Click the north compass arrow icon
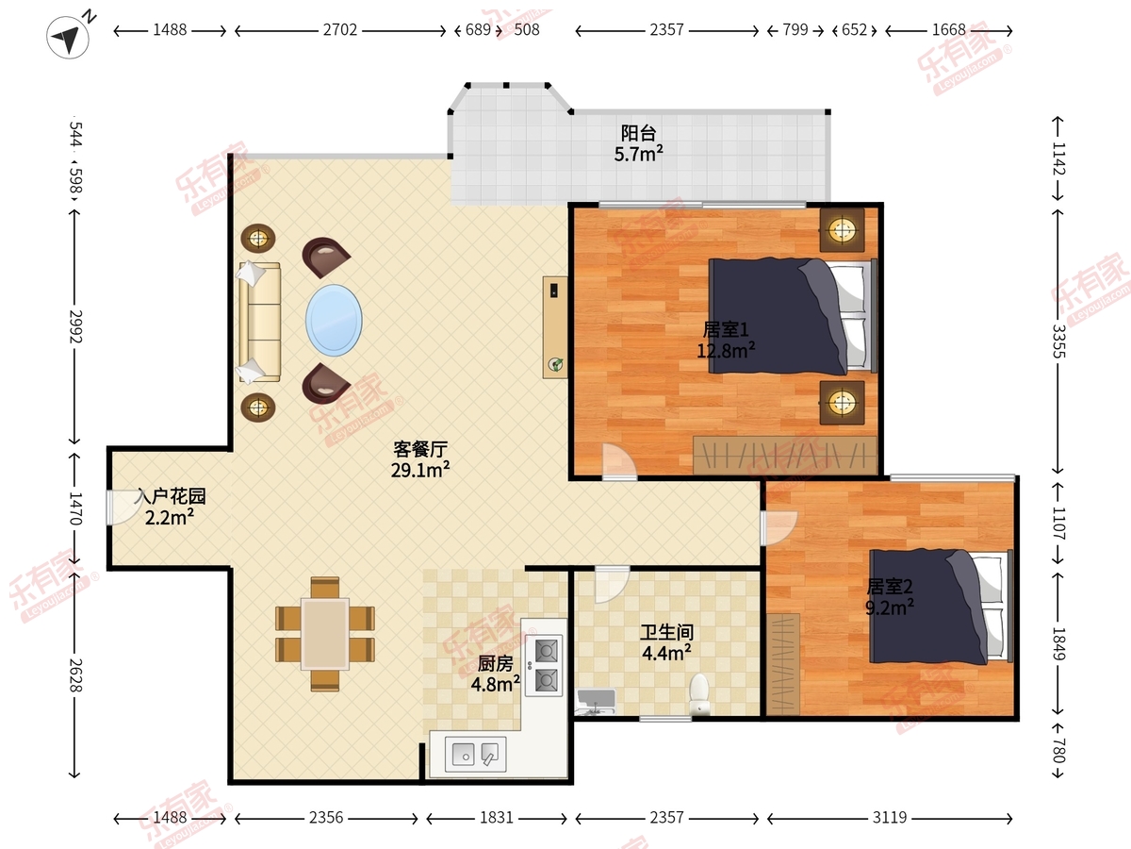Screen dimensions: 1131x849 [68, 37]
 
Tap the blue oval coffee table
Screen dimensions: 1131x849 [334, 320]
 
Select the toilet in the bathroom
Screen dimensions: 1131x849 [699, 694]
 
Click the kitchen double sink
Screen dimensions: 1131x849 [476, 755]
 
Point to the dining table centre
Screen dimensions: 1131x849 [325, 634]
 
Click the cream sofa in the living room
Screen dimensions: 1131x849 [259, 323]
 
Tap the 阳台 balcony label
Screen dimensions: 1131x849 [638, 133]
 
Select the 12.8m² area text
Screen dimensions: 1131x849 [726, 351]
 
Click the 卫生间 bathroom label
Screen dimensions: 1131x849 [666, 632]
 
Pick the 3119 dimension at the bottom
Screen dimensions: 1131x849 [890, 818]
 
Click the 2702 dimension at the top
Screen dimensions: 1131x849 [340, 30]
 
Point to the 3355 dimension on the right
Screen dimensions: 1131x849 [1057, 341]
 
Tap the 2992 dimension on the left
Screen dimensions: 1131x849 [75, 326]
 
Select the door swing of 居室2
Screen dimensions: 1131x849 [779, 528]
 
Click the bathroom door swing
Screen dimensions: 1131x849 [612, 584]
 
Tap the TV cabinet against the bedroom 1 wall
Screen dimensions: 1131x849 [555, 327]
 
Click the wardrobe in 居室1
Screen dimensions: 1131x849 [785, 456]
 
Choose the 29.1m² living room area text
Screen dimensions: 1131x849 [420, 470]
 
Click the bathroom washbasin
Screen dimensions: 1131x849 [597, 702]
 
